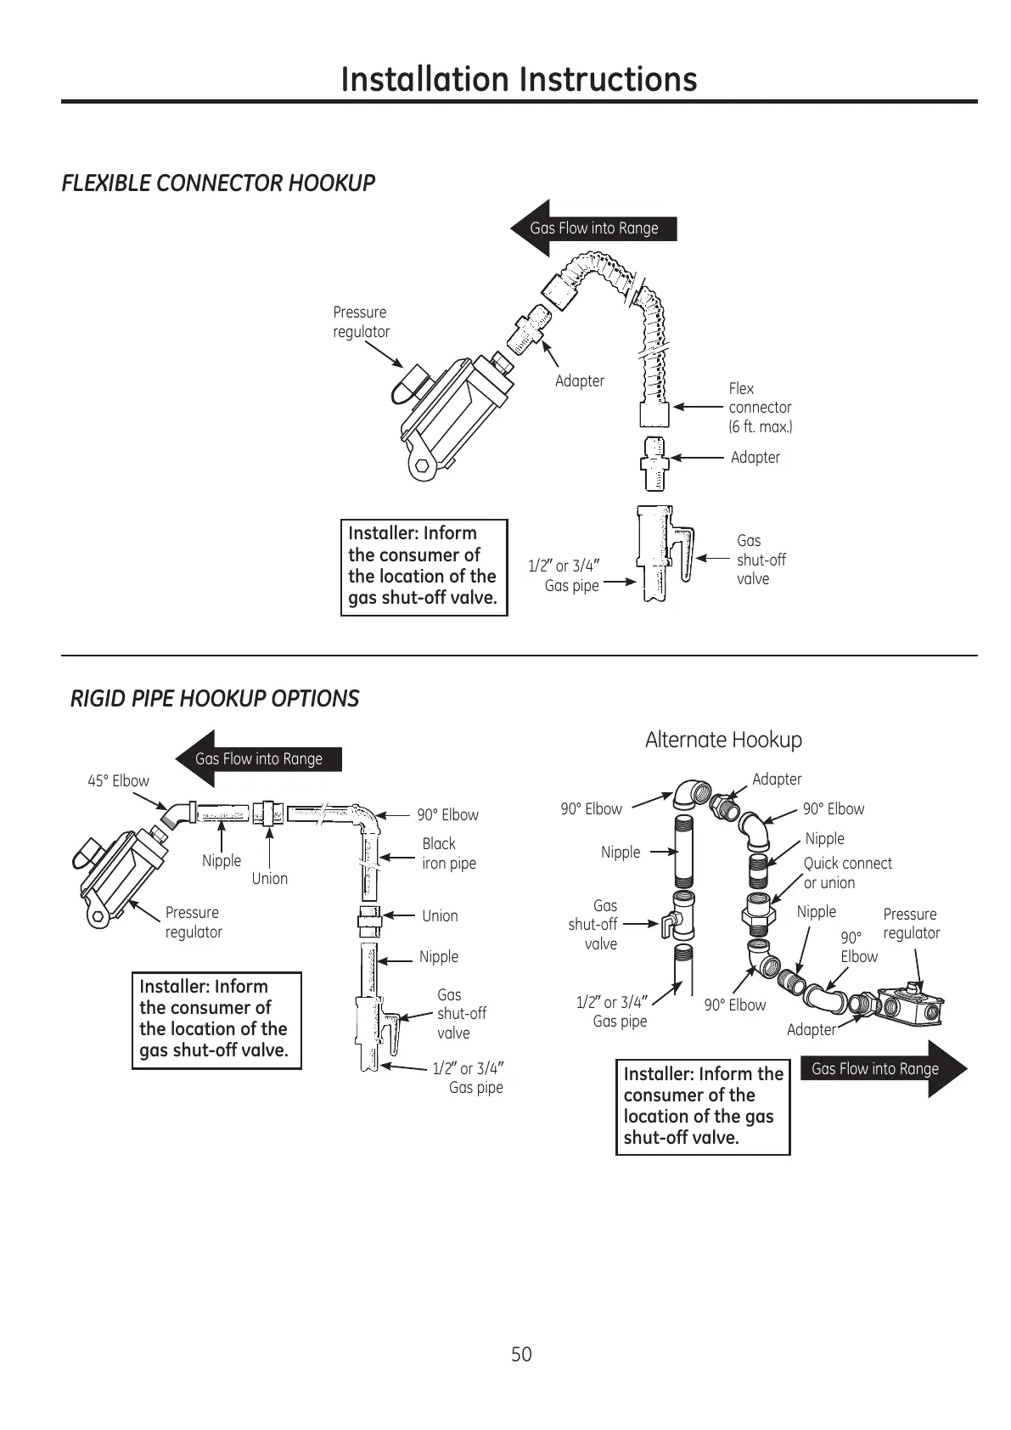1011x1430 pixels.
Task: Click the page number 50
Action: [521, 1354]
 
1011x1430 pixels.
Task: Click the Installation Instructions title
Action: [519, 79]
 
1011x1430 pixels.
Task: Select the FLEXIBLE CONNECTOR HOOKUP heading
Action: [218, 183]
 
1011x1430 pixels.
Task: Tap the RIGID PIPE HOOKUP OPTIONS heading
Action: [214, 699]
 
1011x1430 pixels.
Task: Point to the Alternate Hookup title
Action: [723, 740]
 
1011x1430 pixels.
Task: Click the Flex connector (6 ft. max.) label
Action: [760, 408]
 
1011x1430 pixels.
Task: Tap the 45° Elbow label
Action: [118, 781]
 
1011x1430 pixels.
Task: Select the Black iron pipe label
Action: [448, 853]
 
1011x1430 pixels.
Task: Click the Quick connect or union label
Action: [847, 873]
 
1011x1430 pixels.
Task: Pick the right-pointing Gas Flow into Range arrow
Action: [883, 1069]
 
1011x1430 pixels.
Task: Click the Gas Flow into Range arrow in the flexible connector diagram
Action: [593, 228]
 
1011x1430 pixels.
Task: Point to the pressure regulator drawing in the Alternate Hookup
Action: [907, 1007]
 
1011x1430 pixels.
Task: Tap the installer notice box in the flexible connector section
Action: [424, 566]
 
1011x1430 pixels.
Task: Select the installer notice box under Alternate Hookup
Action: [702, 1106]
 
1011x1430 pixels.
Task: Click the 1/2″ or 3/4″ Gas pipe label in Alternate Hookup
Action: [612, 1011]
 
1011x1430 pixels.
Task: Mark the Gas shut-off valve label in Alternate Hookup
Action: [594, 925]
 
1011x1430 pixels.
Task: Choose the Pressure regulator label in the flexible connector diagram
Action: [361, 322]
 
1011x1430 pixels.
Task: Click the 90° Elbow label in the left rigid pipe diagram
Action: [447, 815]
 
